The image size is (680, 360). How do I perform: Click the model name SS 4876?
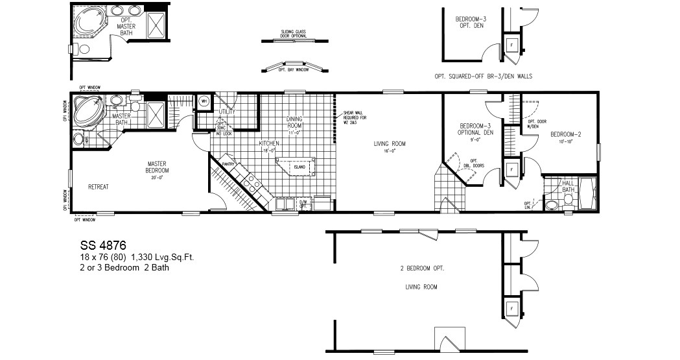point(103,246)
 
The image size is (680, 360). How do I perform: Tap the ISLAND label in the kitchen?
point(299,167)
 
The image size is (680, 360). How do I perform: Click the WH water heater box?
point(204,101)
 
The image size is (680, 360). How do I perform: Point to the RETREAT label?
point(98,187)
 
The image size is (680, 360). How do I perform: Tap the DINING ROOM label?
point(295,122)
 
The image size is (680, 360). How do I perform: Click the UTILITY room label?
point(227,112)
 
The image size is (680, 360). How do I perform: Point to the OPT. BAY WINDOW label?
point(293,69)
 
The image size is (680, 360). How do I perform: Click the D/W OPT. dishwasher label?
point(303,204)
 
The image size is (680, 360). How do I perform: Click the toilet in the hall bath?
point(551,205)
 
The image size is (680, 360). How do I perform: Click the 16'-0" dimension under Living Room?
point(390,152)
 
